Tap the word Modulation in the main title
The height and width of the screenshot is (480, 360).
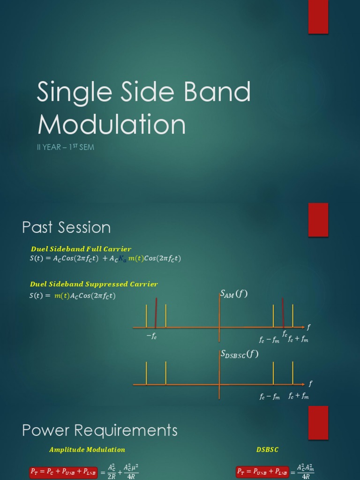click(x=112, y=125)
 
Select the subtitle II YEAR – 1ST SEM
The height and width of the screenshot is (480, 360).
click(x=65, y=148)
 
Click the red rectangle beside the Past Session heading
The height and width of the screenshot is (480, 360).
click(x=318, y=220)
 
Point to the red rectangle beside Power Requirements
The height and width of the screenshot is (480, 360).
click(x=318, y=422)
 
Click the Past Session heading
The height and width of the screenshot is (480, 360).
click(x=66, y=228)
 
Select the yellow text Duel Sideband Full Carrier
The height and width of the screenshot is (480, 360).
click(x=81, y=249)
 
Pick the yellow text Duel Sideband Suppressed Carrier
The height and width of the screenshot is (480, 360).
click(x=94, y=284)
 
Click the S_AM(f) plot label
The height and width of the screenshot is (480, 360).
click(x=233, y=294)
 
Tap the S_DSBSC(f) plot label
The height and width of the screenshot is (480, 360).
click(x=240, y=355)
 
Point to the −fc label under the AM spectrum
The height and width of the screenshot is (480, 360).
click(x=151, y=337)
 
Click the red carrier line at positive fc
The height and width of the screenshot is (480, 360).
click(x=283, y=313)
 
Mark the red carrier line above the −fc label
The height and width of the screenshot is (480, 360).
click(x=156, y=313)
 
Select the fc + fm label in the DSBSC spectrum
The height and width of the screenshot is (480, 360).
click(x=298, y=396)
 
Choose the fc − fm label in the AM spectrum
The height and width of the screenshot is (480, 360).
click(x=269, y=339)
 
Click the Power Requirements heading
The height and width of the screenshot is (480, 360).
click(x=100, y=430)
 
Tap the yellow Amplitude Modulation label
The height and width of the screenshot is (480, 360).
click(x=87, y=450)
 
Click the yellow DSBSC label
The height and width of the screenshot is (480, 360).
click(x=267, y=450)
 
